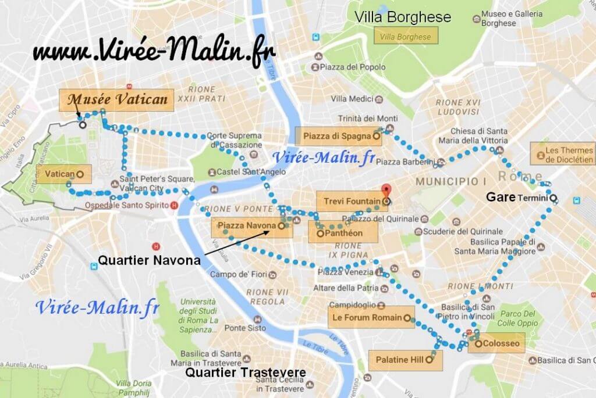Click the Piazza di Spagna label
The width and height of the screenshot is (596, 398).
[x=338, y=137]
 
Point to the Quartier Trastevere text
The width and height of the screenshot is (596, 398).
[x=244, y=372]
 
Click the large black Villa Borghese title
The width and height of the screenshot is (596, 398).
[x=403, y=17]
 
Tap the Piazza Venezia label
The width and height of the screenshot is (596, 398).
[x=345, y=272]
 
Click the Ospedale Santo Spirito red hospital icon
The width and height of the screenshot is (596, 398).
[x=173, y=206]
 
